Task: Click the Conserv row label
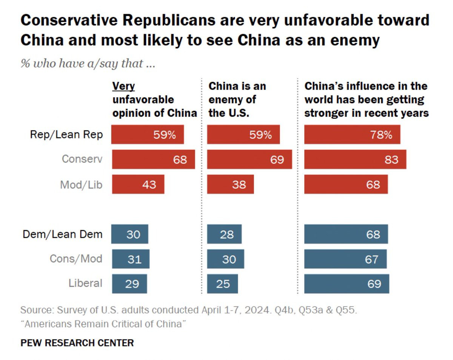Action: [82, 159]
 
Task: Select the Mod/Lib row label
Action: [81, 185]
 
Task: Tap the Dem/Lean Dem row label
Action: [63, 234]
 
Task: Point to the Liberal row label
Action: [85, 283]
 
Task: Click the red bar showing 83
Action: [355, 159]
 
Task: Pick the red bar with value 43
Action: [138, 185]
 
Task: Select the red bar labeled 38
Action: [230, 185]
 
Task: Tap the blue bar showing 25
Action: [222, 284]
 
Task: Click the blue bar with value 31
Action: [130, 259]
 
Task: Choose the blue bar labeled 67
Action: [345, 259]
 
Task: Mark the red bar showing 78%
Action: [352, 135]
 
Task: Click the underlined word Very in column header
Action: [123, 86]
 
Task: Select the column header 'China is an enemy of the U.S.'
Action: [237, 99]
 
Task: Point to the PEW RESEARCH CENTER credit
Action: [77, 343]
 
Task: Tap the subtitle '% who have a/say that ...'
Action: [88, 63]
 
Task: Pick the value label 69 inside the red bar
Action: [277, 159]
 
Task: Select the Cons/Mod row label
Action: [76, 259]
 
